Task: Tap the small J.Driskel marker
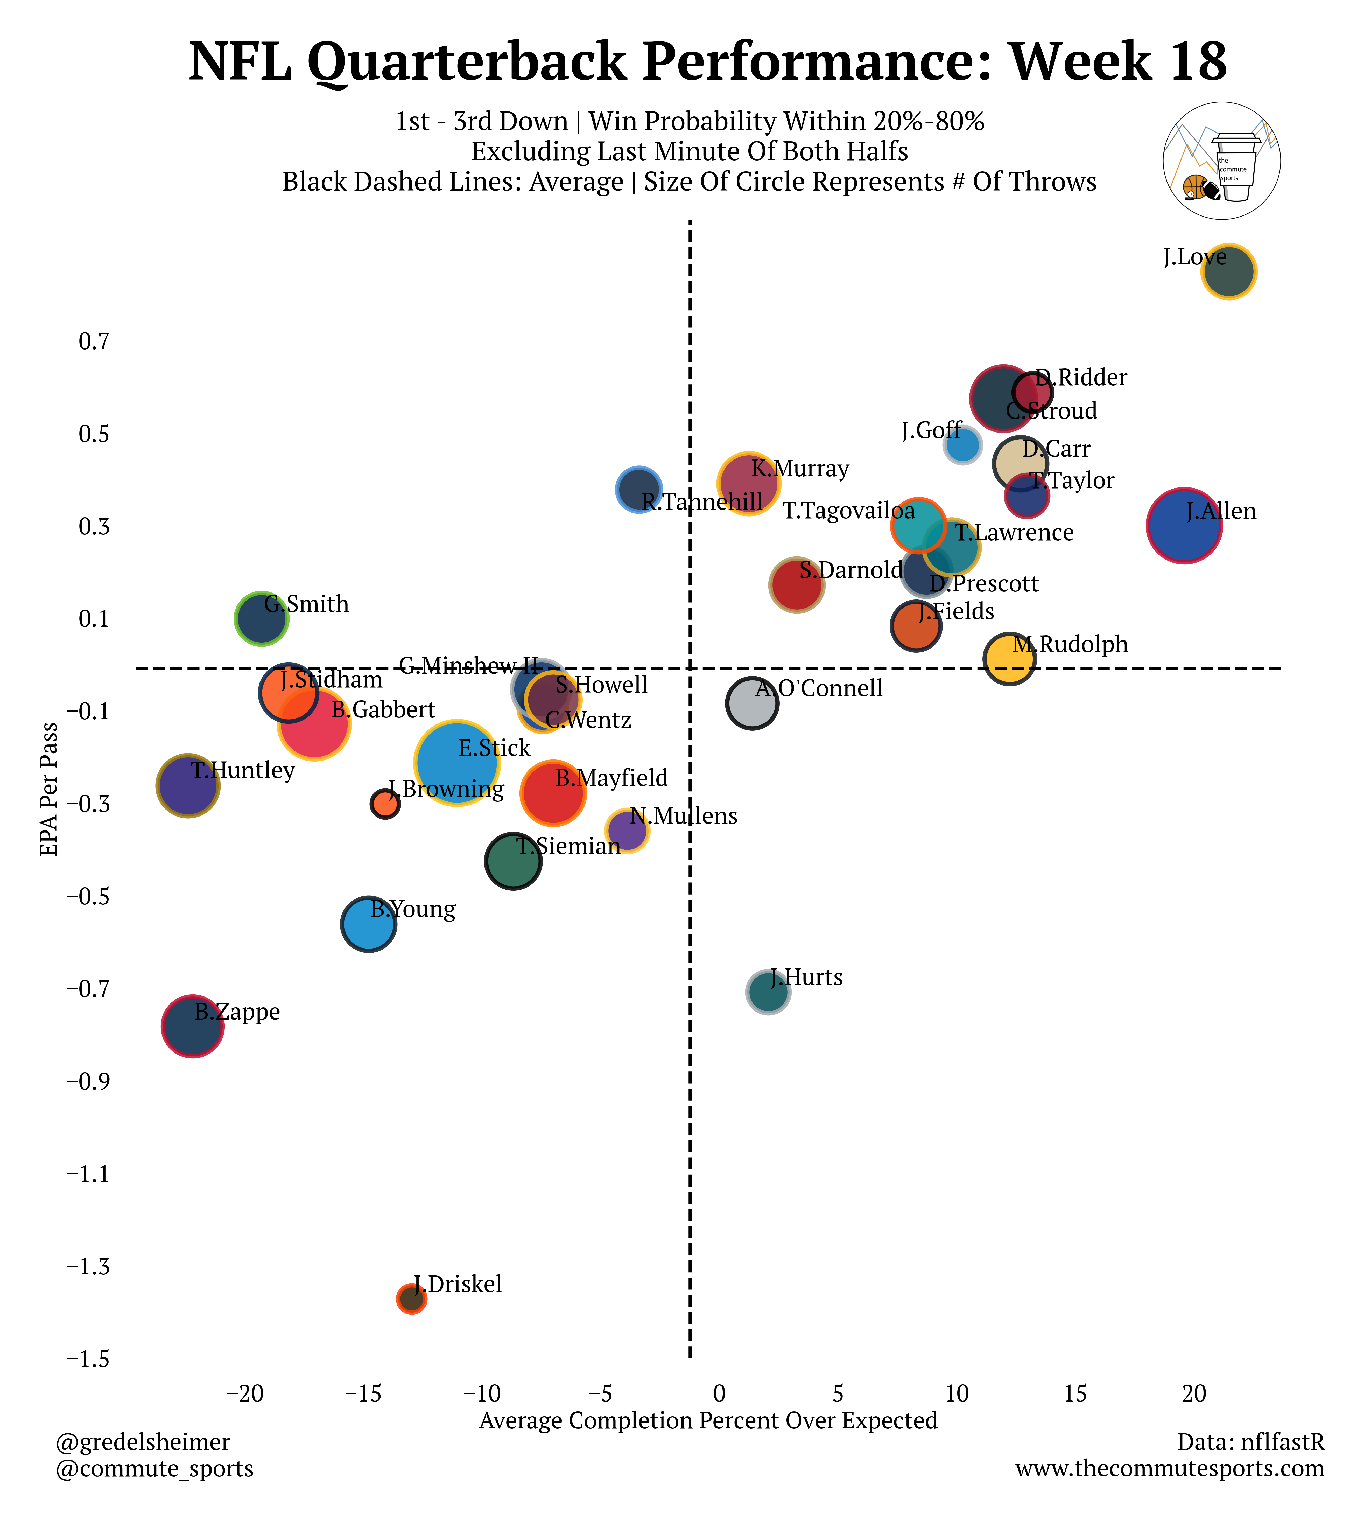[411, 1299]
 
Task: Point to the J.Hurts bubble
[768, 992]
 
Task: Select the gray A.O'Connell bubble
[752, 703]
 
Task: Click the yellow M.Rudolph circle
[1009, 658]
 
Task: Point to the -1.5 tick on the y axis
[88, 1359]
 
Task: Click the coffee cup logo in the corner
[1222, 161]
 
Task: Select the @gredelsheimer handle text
[143, 1442]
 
